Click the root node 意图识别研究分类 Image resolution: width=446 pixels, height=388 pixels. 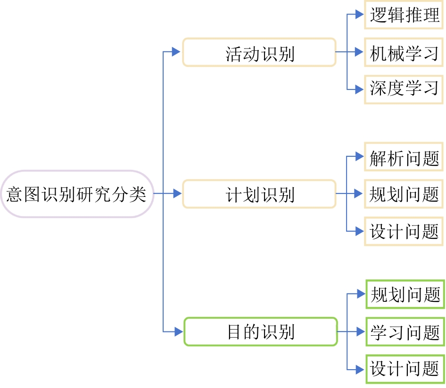click(x=77, y=194)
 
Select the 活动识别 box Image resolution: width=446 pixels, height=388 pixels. click(x=259, y=52)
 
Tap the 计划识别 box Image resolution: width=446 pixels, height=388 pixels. click(x=259, y=194)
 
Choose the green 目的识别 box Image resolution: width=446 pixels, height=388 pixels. click(x=260, y=331)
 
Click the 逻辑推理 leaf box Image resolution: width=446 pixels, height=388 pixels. click(x=404, y=15)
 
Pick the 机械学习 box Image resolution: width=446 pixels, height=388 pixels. click(x=404, y=52)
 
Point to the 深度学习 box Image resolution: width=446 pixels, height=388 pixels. click(x=404, y=89)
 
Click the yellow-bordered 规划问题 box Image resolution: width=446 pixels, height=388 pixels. click(x=404, y=194)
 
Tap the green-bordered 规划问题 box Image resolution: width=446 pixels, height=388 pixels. click(x=405, y=294)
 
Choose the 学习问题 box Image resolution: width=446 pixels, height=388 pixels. click(x=405, y=331)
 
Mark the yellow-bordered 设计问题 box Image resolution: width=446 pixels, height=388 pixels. click(x=404, y=231)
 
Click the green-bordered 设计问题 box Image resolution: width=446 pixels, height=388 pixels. click(x=405, y=368)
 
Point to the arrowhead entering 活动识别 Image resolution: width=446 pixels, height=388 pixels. click(x=177, y=52)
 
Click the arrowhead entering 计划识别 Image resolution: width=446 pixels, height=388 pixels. click(x=177, y=193)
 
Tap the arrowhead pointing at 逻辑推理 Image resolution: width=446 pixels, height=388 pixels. click(x=361, y=15)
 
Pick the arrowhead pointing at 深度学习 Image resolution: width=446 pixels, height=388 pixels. click(x=361, y=89)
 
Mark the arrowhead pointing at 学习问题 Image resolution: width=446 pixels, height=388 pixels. click(x=362, y=331)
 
